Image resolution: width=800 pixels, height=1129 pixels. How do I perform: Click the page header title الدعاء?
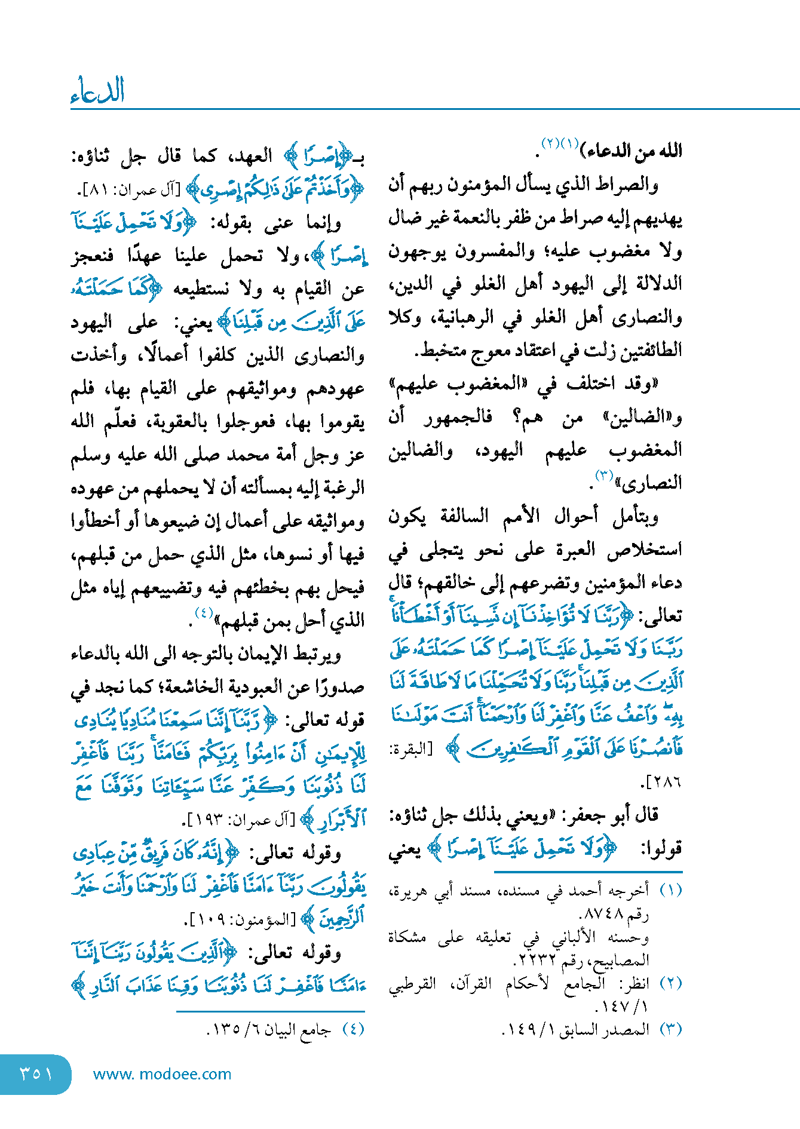(97, 91)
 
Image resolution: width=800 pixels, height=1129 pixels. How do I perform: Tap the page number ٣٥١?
(36, 1073)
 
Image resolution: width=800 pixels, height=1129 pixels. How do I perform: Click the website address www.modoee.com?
(162, 1074)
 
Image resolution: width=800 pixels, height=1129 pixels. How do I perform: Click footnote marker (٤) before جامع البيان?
(353, 1029)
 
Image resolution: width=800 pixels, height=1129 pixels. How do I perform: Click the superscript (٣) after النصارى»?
(604, 476)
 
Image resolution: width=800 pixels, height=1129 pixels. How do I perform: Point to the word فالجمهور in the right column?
(458, 416)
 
